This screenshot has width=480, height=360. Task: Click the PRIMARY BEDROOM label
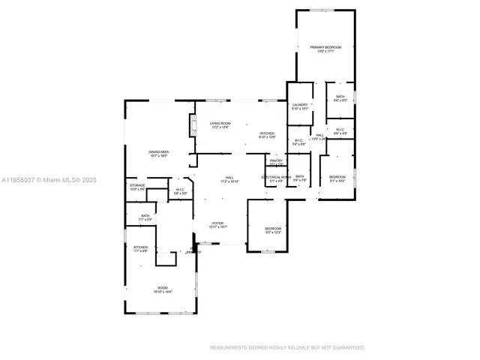pos(325,47)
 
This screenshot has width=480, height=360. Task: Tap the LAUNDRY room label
pos(300,106)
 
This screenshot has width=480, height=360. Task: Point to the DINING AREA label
pos(158,152)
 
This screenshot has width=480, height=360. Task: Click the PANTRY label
pos(276,160)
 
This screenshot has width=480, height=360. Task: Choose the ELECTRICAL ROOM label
pos(276,177)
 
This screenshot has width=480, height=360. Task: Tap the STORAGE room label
pos(137,185)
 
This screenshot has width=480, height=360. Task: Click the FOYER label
pos(217,223)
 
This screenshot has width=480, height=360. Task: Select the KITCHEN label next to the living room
pos(267,134)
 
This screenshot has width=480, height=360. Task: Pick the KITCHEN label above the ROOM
pos(140,247)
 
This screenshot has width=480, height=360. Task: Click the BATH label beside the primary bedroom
pos(340,97)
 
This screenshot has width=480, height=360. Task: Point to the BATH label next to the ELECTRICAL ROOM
pos(299,177)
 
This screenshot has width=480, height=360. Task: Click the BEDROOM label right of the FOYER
pos(272,229)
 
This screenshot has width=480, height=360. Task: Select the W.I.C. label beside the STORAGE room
pos(181,190)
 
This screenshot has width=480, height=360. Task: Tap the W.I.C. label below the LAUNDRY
pos(298,140)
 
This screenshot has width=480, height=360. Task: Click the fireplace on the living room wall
pos(191,125)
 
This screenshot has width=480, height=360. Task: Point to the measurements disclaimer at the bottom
pos(287,347)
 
